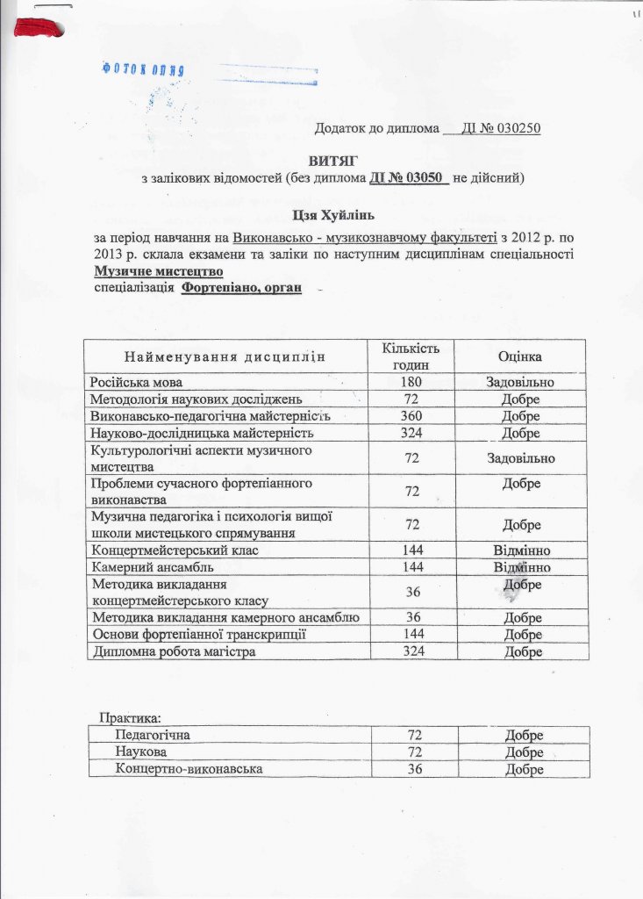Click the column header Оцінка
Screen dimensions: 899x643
[519, 357]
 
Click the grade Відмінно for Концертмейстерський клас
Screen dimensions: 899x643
[520, 550]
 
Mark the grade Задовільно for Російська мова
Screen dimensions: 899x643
[520, 383]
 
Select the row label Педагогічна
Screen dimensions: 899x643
[153, 734]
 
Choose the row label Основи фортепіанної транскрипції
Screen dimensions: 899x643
[198, 634]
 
